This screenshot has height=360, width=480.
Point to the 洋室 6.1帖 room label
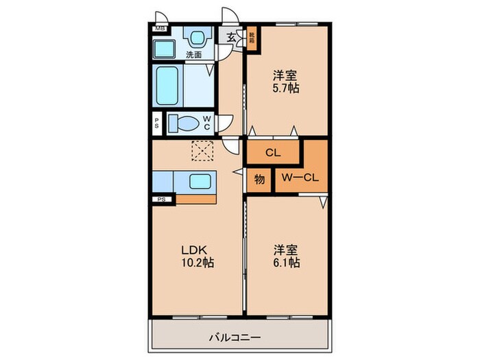tap(285, 256)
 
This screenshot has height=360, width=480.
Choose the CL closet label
tap(272, 154)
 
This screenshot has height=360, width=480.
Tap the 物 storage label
tap(260, 179)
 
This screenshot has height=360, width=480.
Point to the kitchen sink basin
tap(201, 182)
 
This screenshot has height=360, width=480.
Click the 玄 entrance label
tap(231, 39)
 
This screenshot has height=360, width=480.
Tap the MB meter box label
tap(160, 29)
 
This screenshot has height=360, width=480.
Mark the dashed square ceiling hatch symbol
tap(203, 149)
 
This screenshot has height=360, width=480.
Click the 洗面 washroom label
tap(193, 55)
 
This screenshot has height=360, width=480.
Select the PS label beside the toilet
tap(157, 123)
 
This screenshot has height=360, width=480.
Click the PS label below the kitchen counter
tap(162, 200)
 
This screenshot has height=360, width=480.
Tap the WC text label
tap(206, 123)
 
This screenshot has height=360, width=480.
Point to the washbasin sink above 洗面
tap(198, 37)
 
